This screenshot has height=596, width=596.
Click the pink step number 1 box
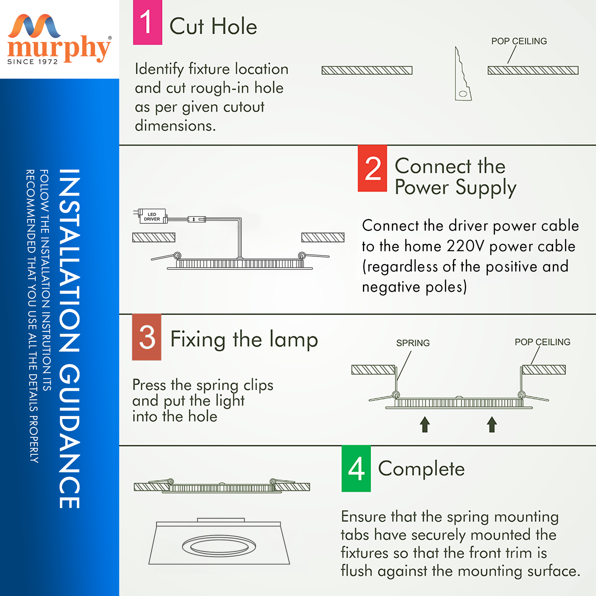click(147, 22)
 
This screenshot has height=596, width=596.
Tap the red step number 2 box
click(372, 168)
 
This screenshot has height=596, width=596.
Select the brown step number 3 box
click(146, 337)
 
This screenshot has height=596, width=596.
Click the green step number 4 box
click(356, 468)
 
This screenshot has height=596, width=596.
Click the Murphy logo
click(58, 39)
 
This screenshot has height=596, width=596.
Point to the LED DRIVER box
click(152, 217)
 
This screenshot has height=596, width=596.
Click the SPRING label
click(413, 343)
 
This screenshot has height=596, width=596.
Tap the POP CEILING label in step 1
click(519, 41)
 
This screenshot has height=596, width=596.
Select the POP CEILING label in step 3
click(542, 342)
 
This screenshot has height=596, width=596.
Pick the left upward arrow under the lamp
click(425, 424)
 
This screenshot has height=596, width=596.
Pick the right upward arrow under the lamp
click(492, 424)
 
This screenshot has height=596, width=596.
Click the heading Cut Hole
click(213, 26)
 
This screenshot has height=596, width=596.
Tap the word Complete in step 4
click(421, 469)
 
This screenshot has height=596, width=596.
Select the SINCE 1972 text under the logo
click(32, 62)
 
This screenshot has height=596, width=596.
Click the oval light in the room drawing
click(219, 547)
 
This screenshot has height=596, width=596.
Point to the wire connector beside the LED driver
click(197, 219)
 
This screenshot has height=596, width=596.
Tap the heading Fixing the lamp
click(244, 339)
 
